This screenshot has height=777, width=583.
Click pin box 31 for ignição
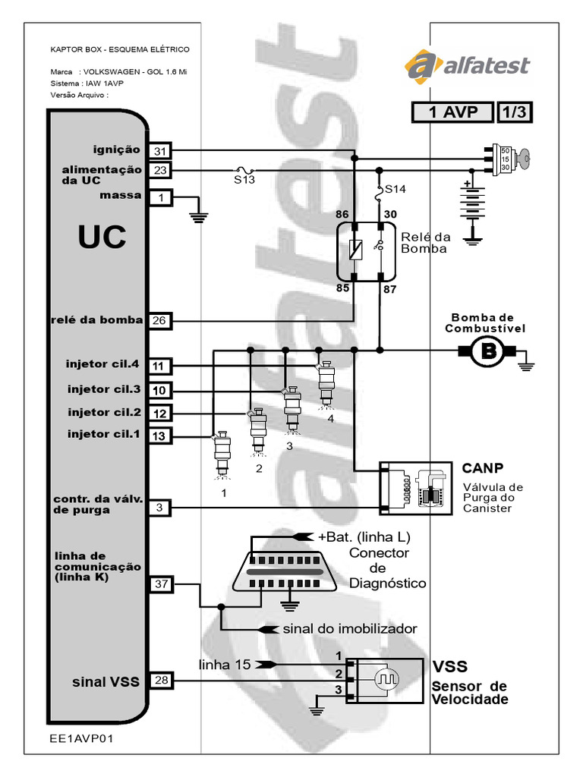[160, 151]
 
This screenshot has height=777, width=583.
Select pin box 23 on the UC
[160, 171]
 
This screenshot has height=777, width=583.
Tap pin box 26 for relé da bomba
[160, 320]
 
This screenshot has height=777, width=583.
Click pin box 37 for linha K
[160, 584]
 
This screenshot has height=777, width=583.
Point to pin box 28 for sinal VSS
[160, 681]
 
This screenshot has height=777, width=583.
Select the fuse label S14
[396, 187]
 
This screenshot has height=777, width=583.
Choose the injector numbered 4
[326, 383]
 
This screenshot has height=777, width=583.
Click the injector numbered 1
[222, 454]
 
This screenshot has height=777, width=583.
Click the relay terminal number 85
[343, 288]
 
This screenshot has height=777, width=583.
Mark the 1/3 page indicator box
[514, 112]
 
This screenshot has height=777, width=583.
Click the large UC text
[101, 238]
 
